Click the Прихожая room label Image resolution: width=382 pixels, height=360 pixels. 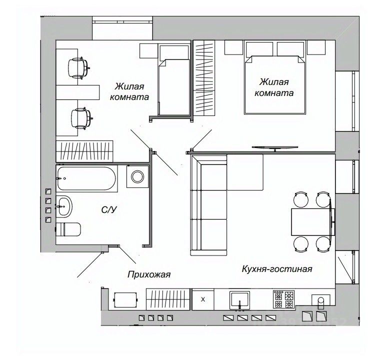click(149, 274)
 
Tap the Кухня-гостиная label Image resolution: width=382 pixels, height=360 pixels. click(276, 269)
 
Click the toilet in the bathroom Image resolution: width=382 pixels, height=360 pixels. click(68, 229)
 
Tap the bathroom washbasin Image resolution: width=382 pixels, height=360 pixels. click(64, 205)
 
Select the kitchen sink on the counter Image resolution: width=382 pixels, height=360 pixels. click(241, 300)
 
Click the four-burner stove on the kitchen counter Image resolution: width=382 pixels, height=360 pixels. click(283, 299)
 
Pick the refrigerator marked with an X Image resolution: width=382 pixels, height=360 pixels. click(202, 300)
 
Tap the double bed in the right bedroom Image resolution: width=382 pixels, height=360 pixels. click(275, 85)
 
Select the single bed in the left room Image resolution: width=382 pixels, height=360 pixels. click(174, 86)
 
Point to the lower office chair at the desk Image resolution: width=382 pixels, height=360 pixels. click(80, 118)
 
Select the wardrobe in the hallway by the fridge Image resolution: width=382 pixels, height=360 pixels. click(168, 300)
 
